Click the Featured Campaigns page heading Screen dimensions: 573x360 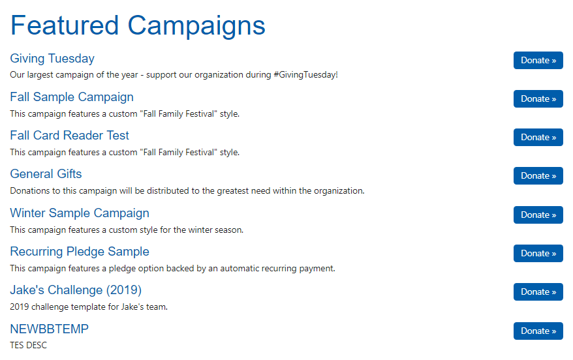click(x=138, y=25)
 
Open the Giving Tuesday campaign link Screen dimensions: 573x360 click(x=52, y=59)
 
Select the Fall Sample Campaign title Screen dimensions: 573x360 click(x=72, y=97)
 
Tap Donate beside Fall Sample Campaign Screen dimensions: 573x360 click(x=538, y=98)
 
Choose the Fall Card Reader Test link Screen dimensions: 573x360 click(x=69, y=136)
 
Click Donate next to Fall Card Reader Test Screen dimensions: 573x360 click(x=538, y=137)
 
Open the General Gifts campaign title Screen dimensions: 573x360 click(x=46, y=173)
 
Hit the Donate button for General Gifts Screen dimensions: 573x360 click(x=538, y=175)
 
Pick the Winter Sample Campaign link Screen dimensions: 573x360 click(x=80, y=213)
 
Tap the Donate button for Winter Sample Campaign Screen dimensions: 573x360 click(x=538, y=215)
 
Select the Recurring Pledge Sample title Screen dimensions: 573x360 click(x=80, y=252)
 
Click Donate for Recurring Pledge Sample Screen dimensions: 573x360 click(x=538, y=254)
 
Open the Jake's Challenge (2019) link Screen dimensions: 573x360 click(x=76, y=290)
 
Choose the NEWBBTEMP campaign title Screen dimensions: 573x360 click(x=50, y=329)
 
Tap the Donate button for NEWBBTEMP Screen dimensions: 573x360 click(x=538, y=331)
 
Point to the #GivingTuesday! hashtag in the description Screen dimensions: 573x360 click(x=305, y=75)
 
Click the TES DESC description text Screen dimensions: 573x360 click(x=29, y=345)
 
